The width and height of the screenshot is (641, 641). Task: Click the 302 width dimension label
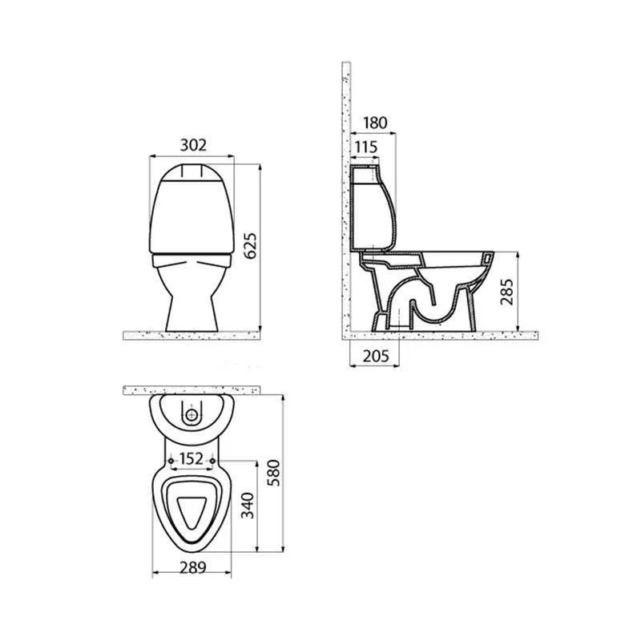point(193,145)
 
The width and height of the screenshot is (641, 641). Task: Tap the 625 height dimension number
point(250,246)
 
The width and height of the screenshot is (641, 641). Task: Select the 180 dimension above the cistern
point(375,123)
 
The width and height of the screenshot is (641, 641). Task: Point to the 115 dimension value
point(366,147)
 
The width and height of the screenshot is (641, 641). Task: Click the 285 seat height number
point(506,292)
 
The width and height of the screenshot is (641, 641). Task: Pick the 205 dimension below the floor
point(376,356)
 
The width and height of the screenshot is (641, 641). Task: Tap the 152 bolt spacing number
point(191,459)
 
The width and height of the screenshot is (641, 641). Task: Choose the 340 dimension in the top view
point(248,506)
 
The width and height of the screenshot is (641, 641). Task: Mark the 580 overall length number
point(273,473)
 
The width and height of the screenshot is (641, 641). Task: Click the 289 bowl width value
point(193,567)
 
